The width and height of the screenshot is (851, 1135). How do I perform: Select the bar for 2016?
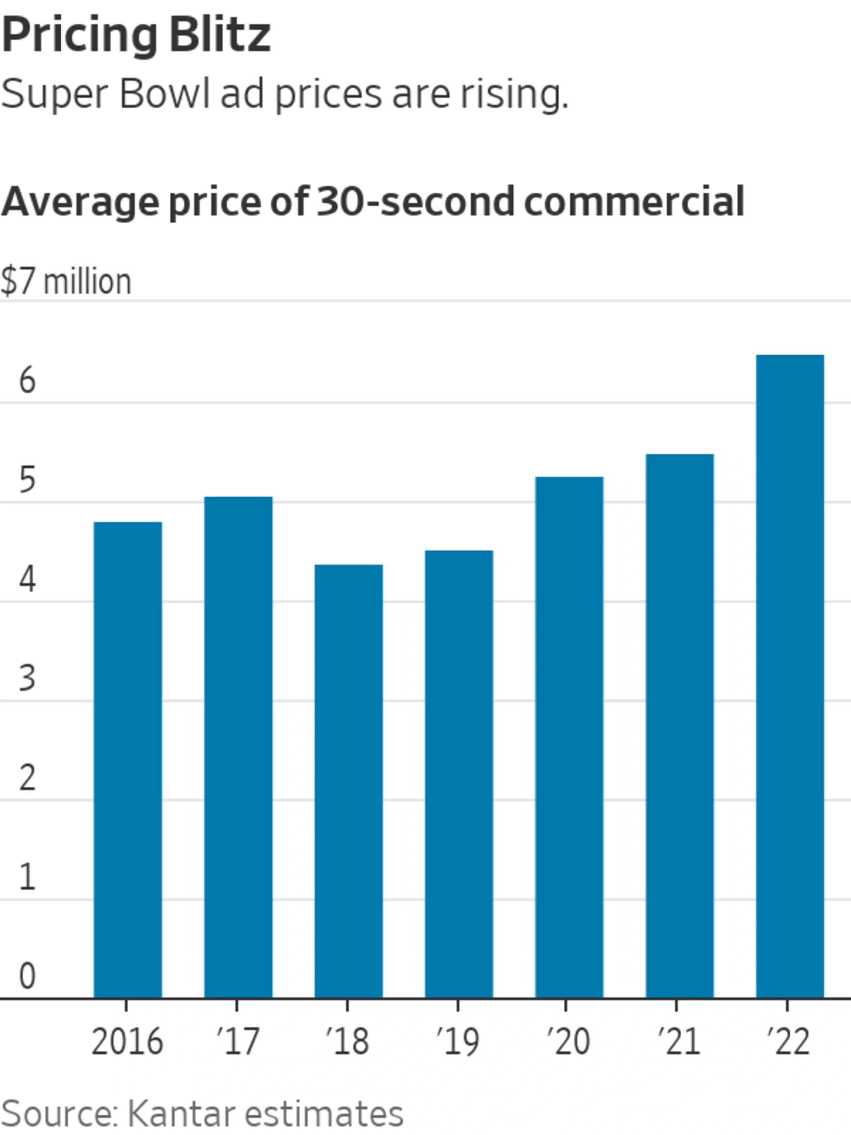coord(128,760)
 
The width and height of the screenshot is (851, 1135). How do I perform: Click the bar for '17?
coord(238,747)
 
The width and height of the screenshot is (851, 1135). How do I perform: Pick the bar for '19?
coord(459,774)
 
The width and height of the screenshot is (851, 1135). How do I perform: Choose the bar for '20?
coord(569,737)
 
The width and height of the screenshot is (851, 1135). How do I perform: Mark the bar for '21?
coord(679,726)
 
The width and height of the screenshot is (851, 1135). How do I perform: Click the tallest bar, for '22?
coord(790,676)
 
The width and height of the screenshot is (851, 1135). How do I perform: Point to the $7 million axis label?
coord(66,282)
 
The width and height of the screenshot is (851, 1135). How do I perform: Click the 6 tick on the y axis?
coord(27,381)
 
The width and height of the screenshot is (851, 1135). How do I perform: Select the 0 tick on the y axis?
coord(27,975)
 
